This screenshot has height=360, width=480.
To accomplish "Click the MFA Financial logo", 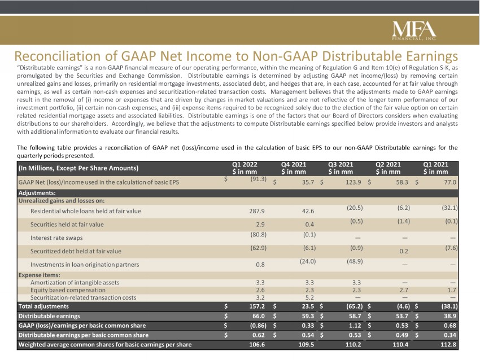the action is [414, 30].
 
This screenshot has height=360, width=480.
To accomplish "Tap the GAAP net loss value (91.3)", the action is [259, 179].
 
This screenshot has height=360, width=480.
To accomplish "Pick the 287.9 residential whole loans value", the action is [257, 211].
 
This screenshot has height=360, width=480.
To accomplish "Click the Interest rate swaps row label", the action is [56, 238].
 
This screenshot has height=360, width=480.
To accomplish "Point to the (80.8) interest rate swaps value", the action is [259, 235].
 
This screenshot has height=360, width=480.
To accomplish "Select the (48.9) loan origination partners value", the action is [355, 261].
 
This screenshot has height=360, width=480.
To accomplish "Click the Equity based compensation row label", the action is [68, 290].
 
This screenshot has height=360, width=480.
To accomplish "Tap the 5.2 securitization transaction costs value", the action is [309, 297].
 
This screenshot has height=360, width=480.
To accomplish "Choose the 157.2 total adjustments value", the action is [257, 306].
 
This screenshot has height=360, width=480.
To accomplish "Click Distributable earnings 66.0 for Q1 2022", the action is [259, 316].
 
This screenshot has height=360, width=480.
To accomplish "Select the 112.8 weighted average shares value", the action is [448, 345].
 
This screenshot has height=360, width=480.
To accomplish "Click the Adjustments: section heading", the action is [37, 193].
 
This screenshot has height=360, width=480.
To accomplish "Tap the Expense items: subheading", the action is [39, 275].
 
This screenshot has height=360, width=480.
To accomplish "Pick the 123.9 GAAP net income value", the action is [354, 182].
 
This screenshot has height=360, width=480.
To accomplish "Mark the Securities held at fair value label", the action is [67, 225].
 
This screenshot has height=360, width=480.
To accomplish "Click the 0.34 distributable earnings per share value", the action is [450, 335].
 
